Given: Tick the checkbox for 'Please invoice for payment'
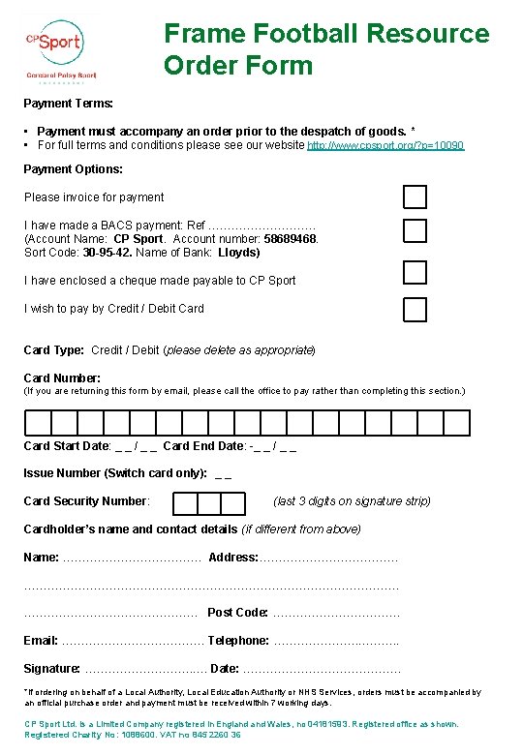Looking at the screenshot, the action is [x=415, y=196].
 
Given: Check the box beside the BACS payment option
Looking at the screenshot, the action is [x=415, y=230].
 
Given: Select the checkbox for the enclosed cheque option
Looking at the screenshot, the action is [x=415, y=273].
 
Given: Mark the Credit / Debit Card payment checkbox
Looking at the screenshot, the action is [x=415, y=309].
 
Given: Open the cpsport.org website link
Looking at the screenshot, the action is [x=385, y=145].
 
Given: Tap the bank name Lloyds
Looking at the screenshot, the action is [x=239, y=252].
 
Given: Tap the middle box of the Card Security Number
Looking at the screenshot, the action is [x=208, y=503].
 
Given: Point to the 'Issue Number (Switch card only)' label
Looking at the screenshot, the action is [x=114, y=473].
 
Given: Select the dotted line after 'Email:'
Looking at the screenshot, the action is [x=132, y=641].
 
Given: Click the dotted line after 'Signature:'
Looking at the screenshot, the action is [x=144, y=669].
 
